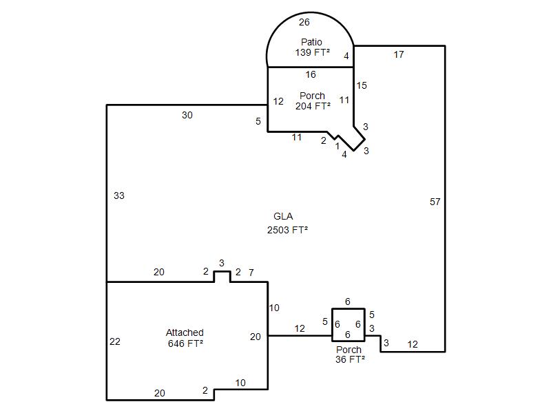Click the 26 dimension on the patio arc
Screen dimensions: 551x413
304,22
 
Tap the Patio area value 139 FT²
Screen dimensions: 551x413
313,52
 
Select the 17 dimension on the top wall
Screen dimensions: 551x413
399,54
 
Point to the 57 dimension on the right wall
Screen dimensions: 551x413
435,202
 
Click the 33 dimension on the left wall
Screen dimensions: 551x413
119,195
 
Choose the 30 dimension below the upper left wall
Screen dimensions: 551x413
187,115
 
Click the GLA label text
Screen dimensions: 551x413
283,216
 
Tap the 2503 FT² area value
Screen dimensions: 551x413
287,230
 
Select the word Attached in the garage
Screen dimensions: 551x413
185,332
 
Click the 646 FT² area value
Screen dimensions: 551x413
185,343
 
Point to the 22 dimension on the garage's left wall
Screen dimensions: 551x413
115,341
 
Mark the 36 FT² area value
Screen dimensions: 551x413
350,359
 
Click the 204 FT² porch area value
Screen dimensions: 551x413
313,106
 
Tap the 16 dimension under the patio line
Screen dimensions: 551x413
311,74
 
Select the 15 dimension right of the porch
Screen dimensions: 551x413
362,85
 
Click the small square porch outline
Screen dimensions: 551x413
332,325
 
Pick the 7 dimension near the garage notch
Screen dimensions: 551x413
251,273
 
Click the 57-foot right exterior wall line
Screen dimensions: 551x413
445,198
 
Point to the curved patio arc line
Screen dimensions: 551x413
310,12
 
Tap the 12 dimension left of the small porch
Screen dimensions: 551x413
300,328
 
